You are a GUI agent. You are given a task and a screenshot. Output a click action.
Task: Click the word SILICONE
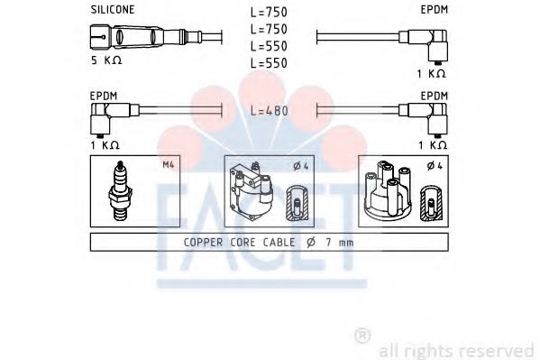click(113, 10)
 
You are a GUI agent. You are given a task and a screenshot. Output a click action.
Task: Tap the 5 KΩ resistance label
click(106, 60)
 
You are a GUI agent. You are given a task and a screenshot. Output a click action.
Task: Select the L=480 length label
click(269, 111)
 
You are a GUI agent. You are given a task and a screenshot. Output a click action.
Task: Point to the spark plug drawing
click(120, 190)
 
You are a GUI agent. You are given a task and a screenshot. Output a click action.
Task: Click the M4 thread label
click(169, 165)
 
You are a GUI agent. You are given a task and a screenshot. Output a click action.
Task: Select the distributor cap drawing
click(388, 189)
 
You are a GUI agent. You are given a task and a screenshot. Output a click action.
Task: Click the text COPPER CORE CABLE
click(239, 242)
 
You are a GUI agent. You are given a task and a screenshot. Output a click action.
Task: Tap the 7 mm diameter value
click(340, 243)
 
